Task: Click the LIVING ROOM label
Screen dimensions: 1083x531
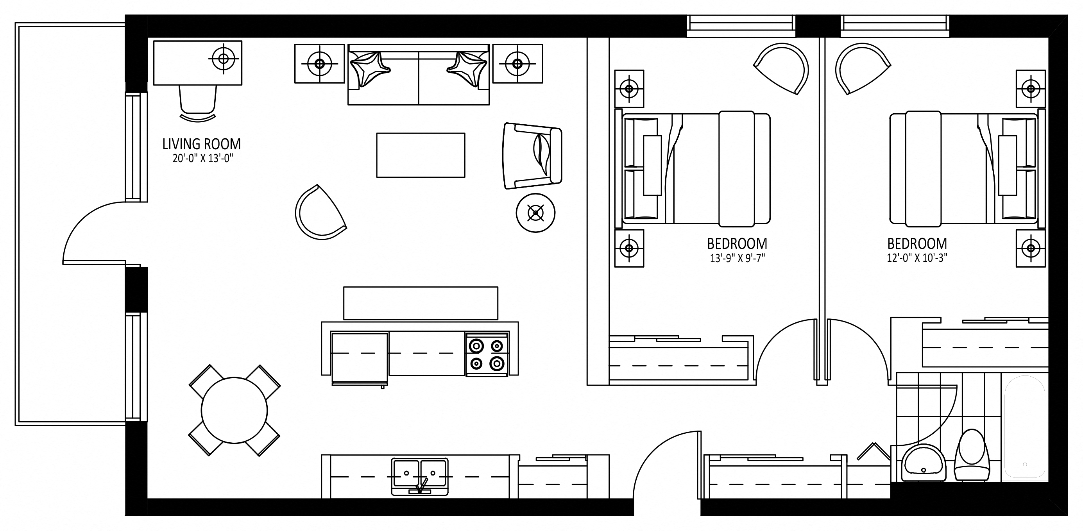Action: [x=201, y=144]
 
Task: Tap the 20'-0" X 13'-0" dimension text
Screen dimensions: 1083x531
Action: [x=202, y=159]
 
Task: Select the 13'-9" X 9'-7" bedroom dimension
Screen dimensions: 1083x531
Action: [x=737, y=258]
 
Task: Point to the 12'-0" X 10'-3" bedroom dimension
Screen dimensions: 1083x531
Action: [x=917, y=258]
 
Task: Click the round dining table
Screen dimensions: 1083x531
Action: [x=234, y=410]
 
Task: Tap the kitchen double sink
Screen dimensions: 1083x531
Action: [x=420, y=476]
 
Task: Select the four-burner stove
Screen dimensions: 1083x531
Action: [x=487, y=354]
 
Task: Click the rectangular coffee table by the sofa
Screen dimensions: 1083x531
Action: [x=421, y=155]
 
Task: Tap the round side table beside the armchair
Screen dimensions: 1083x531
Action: [x=535, y=213]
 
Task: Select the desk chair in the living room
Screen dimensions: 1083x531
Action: [x=198, y=104]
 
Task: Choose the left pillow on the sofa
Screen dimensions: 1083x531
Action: [x=370, y=69]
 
